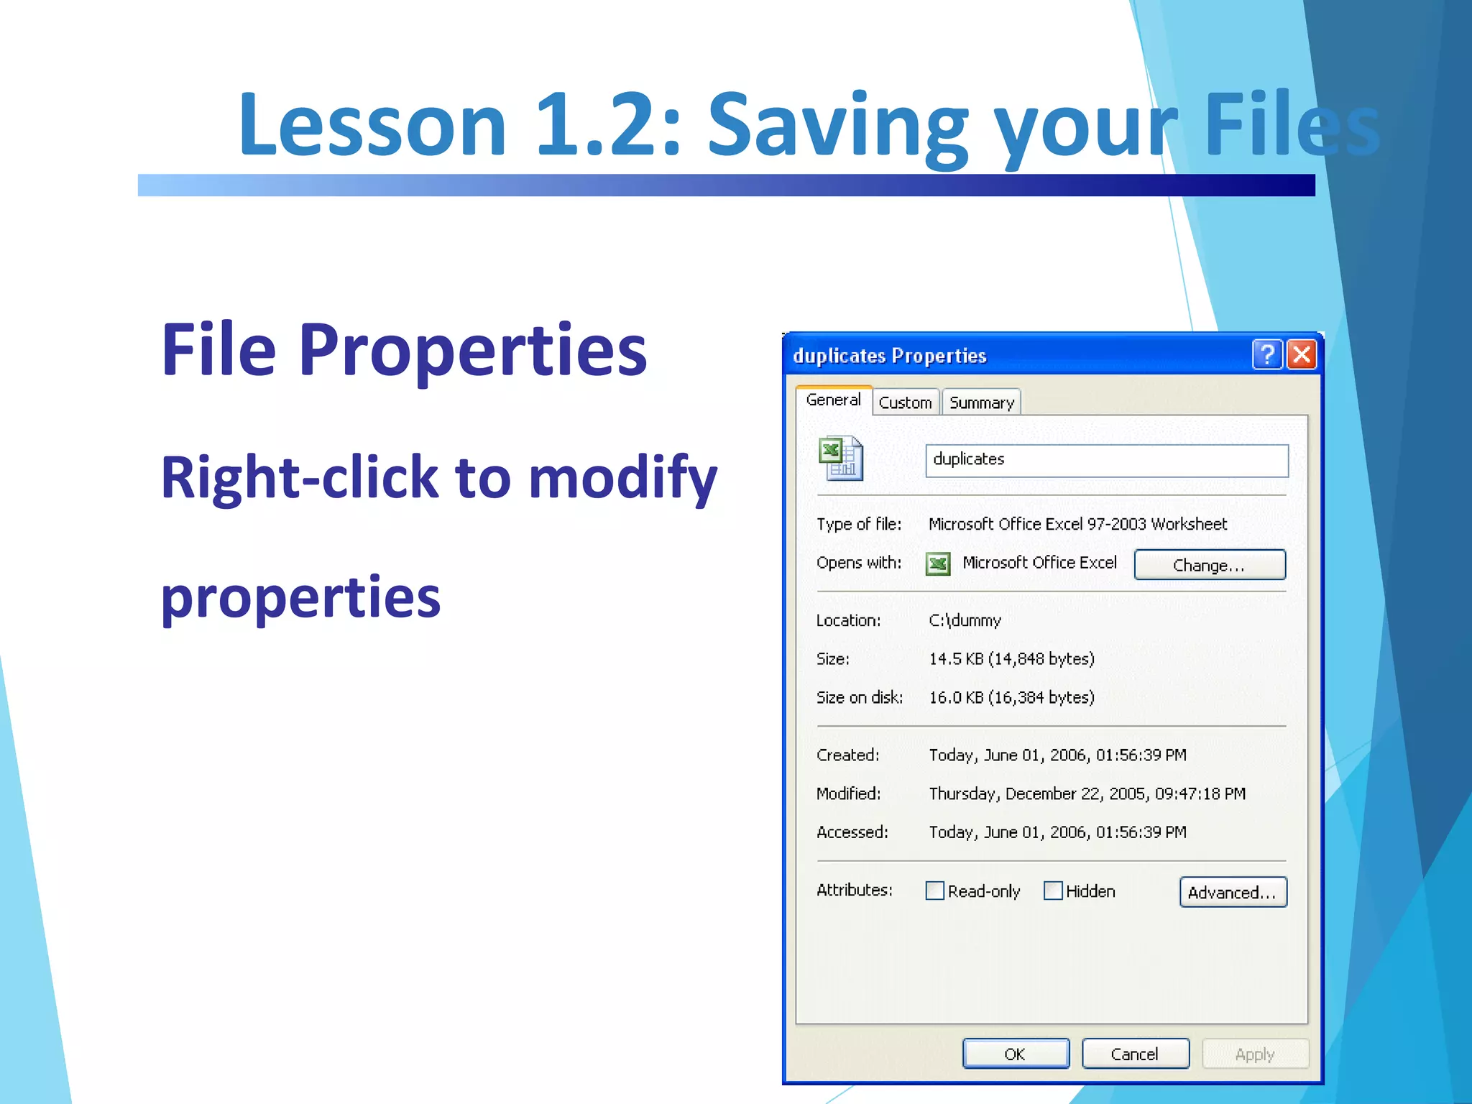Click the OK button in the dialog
pyautogui.click(x=1015, y=1054)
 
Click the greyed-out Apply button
pyautogui.click(x=1254, y=1054)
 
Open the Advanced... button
pyautogui.click(x=1232, y=892)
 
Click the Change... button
pyautogui.click(x=1209, y=565)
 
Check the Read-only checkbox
pyautogui.click(x=934, y=891)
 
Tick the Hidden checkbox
pyautogui.click(x=1053, y=891)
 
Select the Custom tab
pyautogui.click(x=905, y=402)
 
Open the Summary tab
pyautogui.click(x=981, y=402)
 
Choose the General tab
pyautogui.click(x=833, y=400)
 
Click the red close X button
pyautogui.click(x=1302, y=354)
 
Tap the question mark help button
pyautogui.click(x=1267, y=354)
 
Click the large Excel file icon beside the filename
pyautogui.click(x=840, y=459)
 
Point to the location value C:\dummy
pyautogui.click(x=965, y=620)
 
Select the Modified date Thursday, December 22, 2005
pyautogui.click(x=1086, y=793)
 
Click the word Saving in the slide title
pyautogui.click(x=838, y=124)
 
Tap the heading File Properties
pyautogui.click(x=404, y=350)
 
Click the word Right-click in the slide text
pyautogui.click(x=299, y=478)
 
